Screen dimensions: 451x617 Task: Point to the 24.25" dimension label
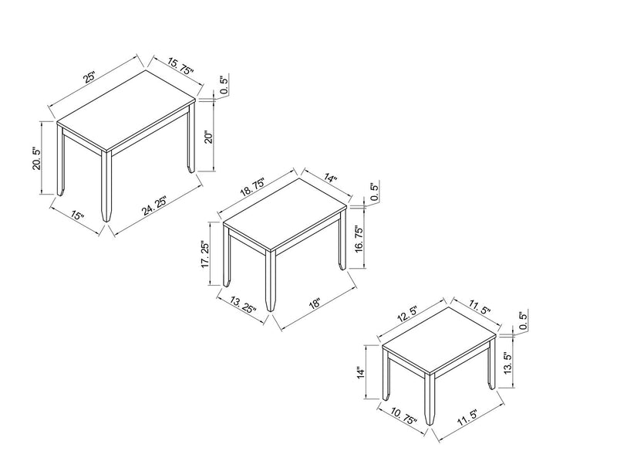153,209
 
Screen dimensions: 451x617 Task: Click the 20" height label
206,138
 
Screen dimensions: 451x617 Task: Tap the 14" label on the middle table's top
331,179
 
